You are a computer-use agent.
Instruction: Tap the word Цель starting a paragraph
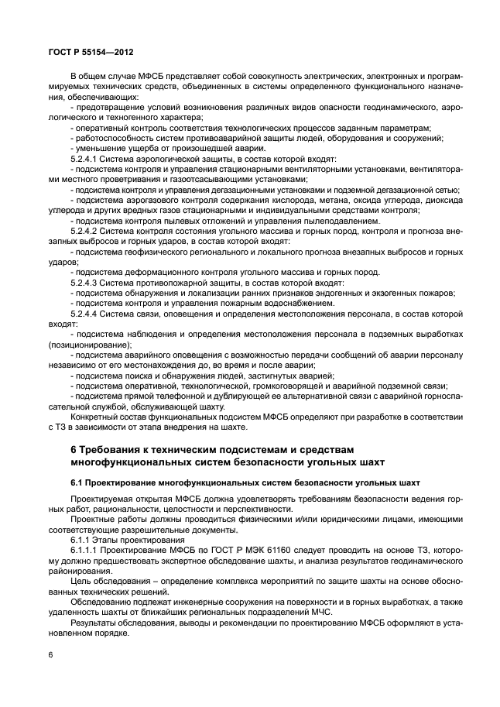coord(80,579)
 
